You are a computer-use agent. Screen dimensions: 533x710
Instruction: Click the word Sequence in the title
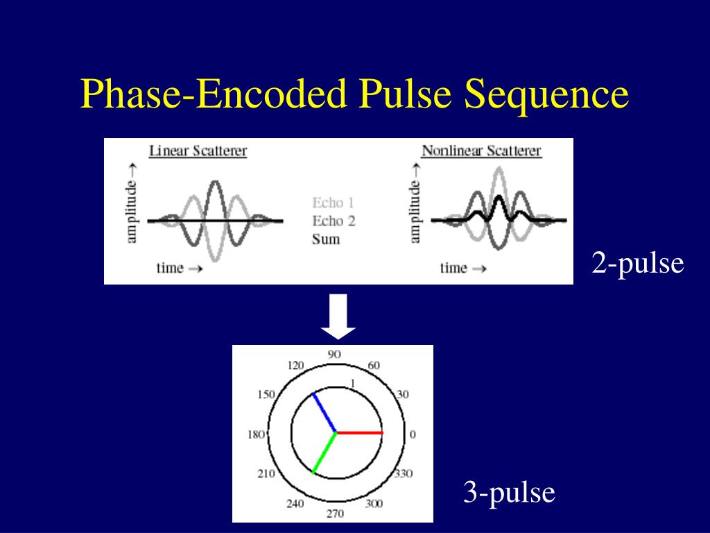(546, 95)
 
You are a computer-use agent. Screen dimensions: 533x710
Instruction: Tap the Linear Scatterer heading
(198, 151)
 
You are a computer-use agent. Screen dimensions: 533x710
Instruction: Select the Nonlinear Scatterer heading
(481, 151)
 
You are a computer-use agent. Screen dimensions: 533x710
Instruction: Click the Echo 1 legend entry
(334, 203)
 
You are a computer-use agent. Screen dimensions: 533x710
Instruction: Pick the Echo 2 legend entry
(334, 221)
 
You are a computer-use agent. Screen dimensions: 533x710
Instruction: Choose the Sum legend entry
(326, 239)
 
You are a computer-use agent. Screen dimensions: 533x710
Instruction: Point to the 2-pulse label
(638, 263)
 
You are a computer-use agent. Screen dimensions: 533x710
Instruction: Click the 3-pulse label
(510, 493)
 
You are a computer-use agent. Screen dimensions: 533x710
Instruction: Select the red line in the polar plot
(359, 432)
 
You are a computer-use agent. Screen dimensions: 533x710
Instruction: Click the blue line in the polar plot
(324, 412)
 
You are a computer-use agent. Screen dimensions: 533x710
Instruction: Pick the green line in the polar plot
(324, 452)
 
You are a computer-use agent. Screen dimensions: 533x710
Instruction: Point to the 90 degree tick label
(334, 354)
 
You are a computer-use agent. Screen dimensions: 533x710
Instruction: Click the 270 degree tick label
(334, 514)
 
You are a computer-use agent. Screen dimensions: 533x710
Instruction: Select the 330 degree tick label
(403, 474)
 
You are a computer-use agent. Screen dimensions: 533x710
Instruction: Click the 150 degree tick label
(266, 395)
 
